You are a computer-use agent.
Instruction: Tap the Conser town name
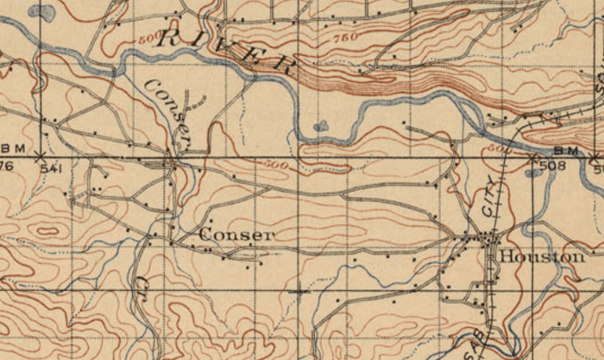[236, 235]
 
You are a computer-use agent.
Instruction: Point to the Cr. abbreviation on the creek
[143, 289]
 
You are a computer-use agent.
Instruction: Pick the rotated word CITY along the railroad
[490, 195]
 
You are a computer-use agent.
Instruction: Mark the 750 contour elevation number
[344, 39]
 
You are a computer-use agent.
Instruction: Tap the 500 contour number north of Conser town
[274, 164]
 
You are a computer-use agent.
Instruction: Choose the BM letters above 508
[552, 151]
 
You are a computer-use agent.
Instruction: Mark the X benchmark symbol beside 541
[39, 158]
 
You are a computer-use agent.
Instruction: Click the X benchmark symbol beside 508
[532, 158]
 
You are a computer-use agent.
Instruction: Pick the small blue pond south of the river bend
[321, 126]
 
